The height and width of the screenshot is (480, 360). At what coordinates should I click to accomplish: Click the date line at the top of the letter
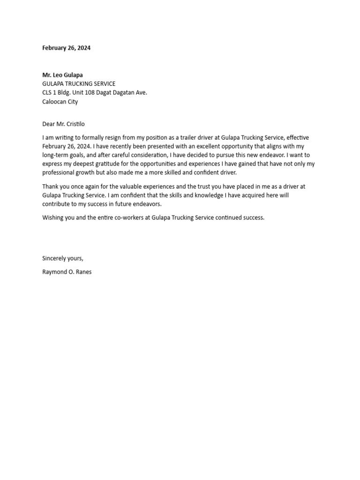click(x=66, y=48)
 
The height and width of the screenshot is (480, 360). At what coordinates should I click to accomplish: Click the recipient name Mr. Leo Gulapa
click(x=62, y=75)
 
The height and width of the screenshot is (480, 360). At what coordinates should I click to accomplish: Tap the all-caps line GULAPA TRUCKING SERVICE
click(x=79, y=84)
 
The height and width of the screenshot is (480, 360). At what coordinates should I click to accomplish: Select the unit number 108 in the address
click(x=103, y=93)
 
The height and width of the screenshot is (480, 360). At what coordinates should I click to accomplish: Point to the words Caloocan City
click(x=60, y=102)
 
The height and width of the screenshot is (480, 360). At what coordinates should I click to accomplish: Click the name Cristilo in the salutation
click(x=74, y=124)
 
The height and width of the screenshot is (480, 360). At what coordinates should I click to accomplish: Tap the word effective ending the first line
click(x=298, y=138)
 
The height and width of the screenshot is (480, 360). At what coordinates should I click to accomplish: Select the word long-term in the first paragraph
click(x=55, y=155)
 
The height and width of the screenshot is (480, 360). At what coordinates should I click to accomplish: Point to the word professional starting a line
click(x=58, y=173)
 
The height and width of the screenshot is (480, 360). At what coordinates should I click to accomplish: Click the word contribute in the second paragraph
click(x=57, y=204)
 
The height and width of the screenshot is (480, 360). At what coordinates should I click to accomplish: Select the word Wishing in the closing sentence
click(x=52, y=218)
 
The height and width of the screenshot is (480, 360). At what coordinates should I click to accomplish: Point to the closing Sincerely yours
click(x=63, y=258)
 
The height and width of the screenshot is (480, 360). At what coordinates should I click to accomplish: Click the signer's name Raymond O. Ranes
click(x=67, y=272)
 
